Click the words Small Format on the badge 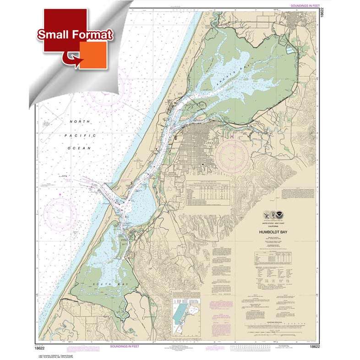click(75, 35)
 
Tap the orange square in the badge click(93, 55)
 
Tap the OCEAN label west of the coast click(81, 148)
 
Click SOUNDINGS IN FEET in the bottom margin click(124, 347)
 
